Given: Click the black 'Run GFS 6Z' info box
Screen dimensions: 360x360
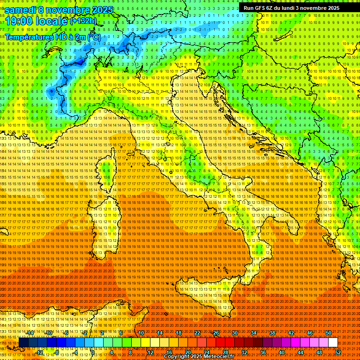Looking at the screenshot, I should tap(291, 8).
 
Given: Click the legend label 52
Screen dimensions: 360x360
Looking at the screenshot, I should tap(338, 352).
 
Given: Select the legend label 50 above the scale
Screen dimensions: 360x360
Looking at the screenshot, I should tap(329, 333).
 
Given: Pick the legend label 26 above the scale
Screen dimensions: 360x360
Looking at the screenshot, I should tap(216, 333).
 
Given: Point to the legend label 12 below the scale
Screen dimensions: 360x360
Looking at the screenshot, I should tap(150, 352).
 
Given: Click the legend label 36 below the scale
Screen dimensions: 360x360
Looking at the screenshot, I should tap(263, 352).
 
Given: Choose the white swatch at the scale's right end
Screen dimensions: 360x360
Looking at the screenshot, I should tap(333, 343).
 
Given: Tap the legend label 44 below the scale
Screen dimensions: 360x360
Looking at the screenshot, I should tap(300, 352).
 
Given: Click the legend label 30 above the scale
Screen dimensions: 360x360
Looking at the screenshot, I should tap(235, 333).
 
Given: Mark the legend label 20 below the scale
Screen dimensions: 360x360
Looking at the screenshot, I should tap(188, 352).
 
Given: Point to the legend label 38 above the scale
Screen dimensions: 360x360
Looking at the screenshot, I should tap(272, 333).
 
